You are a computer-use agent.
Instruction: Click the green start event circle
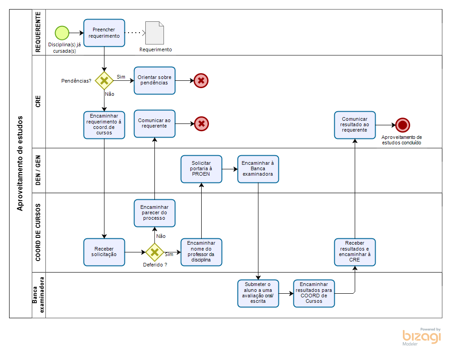[62, 33]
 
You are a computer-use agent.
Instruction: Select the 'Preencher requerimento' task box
[104, 33]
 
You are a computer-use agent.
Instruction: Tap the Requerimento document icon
[154, 33]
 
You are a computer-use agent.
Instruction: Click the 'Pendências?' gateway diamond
[104, 81]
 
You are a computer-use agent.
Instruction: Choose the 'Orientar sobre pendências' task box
[154, 80]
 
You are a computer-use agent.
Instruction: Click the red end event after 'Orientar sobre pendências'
[201, 81]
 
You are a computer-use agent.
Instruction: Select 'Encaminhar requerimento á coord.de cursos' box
[104, 124]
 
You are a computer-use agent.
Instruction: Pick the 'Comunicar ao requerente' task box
[154, 123]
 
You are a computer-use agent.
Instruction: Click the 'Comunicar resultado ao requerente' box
[355, 124]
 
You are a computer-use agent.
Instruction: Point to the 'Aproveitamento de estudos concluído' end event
[402, 125]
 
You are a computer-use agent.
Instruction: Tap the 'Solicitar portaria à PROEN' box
[201, 169]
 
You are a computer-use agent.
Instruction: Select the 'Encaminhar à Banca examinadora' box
[258, 169]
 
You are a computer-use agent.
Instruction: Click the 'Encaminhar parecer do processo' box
[154, 212]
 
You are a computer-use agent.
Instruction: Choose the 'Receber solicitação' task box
[104, 252]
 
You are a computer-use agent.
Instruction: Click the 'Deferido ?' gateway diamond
[154, 252]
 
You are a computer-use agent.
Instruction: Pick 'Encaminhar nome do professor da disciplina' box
[201, 252]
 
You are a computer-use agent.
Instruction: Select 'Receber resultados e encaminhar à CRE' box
[355, 252]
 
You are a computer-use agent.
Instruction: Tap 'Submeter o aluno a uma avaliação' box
[258, 293]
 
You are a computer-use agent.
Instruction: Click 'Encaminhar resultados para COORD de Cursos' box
[314, 293]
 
